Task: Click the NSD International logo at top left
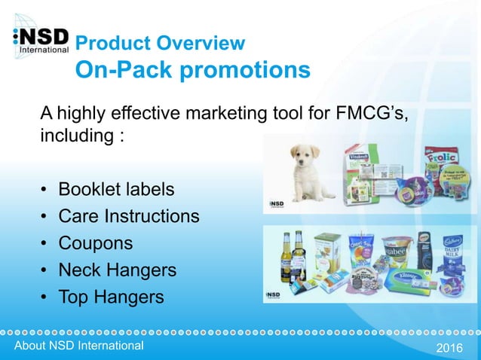click(x=41, y=43)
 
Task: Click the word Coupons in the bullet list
click(x=96, y=243)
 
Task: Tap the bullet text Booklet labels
click(x=116, y=188)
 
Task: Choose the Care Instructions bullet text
click(x=129, y=216)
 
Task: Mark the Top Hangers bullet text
click(x=111, y=297)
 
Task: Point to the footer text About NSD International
click(x=73, y=346)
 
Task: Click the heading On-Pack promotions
click(x=192, y=70)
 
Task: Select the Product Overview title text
click(x=161, y=42)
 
